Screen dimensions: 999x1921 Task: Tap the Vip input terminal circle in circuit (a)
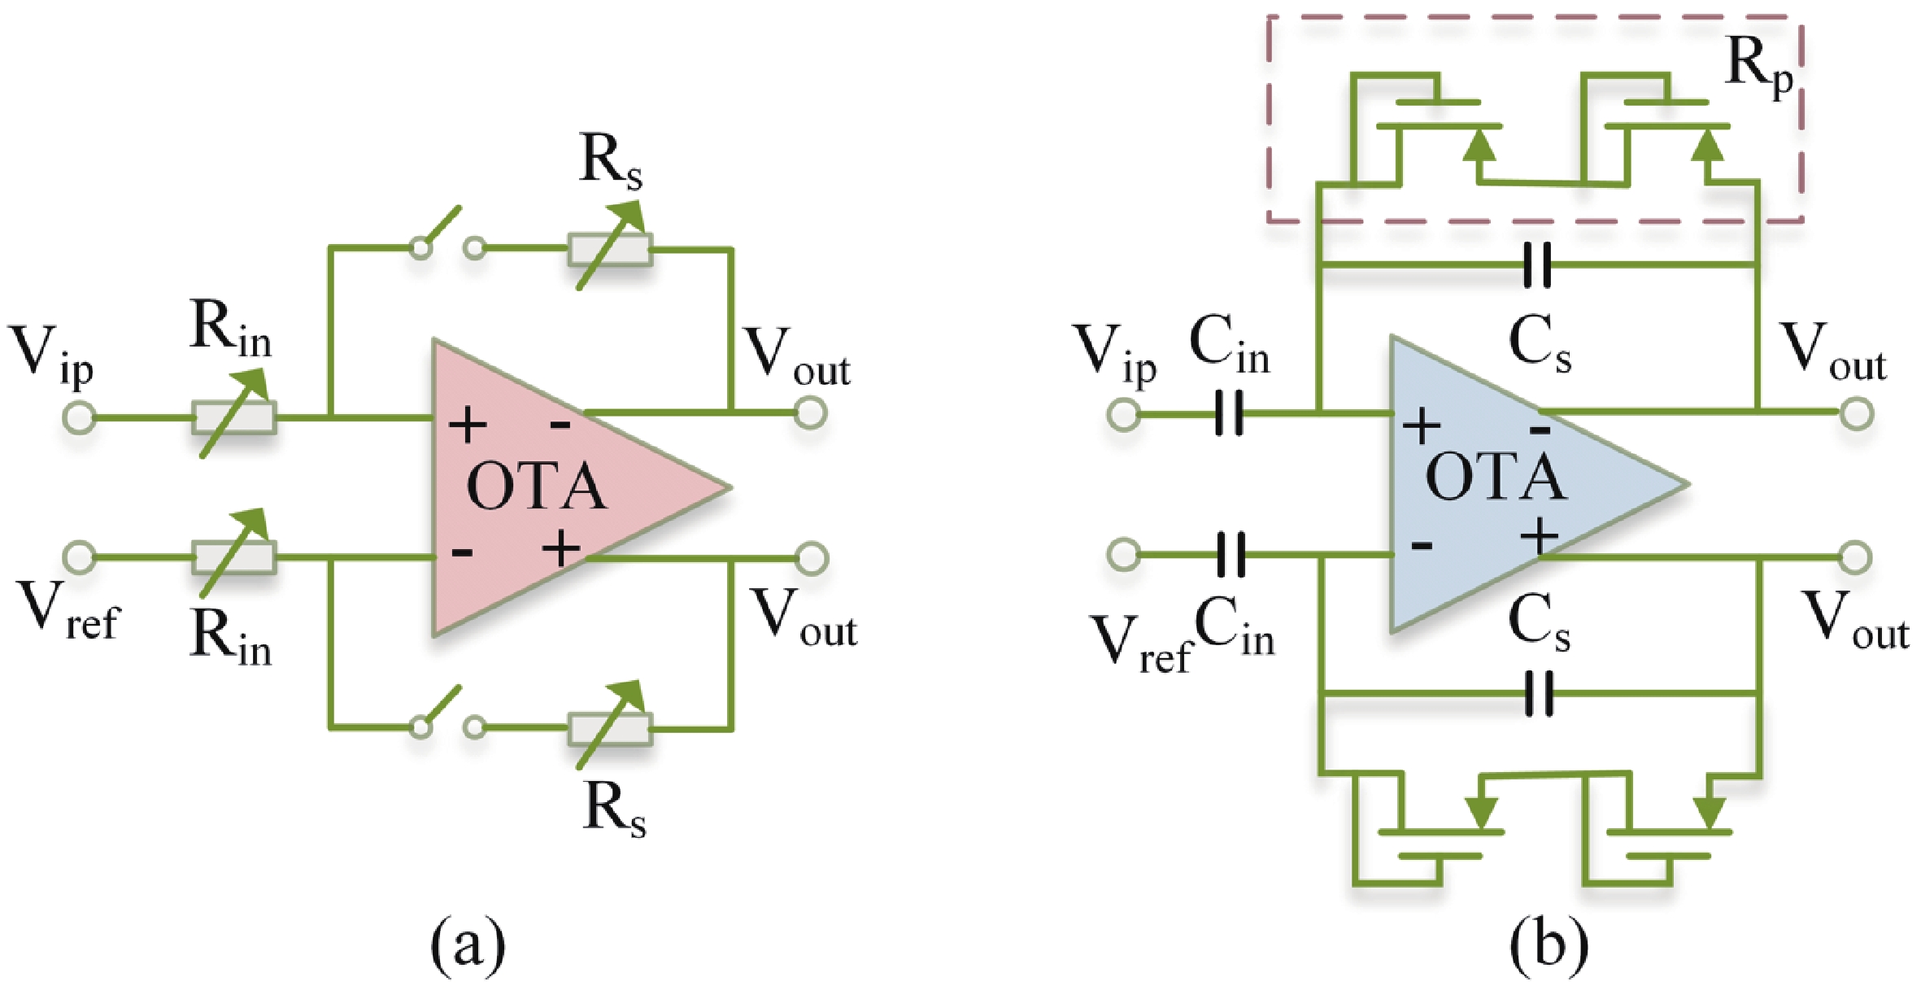(79, 418)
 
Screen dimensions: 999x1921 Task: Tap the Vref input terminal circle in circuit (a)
(79, 557)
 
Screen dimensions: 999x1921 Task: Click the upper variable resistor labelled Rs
(610, 248)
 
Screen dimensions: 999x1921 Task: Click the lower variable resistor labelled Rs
(610, 728)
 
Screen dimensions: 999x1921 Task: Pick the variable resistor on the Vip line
(234, 417)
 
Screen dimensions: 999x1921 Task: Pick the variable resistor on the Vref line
(234, 557)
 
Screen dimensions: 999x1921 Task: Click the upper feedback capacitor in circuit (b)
(1536, 264)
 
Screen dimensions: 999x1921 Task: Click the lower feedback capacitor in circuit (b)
(1538, 693)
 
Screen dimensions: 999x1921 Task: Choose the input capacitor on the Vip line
(1229, 414)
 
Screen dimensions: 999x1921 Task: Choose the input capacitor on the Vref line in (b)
(1230, 556)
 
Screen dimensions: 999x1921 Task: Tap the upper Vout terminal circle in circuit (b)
(1856, 413)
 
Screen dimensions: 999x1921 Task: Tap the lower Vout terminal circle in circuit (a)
(811, 558)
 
